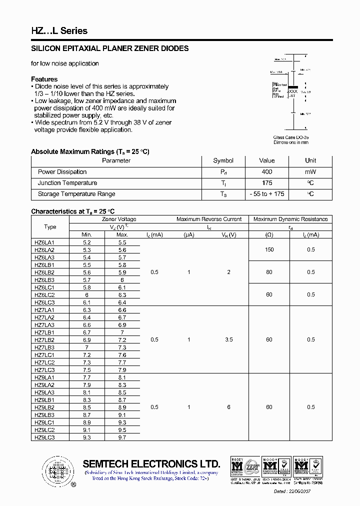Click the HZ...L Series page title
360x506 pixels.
coord(59,31)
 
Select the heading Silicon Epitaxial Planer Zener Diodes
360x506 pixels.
coord(110,48)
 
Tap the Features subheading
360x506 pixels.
coord(44,79)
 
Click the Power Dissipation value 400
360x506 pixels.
coord(266,171)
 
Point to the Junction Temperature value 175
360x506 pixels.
coord(266,183)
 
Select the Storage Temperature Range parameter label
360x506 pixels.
coord(76,194)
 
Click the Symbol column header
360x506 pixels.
coord(223,160)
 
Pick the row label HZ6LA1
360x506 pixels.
coord(44,242)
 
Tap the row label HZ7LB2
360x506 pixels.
coord(44,340)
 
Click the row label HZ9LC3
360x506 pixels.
coord(44,437)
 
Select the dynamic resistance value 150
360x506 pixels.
coord(269,249)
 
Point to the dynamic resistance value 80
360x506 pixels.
coord(269,272)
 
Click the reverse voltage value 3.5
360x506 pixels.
coord(228,339)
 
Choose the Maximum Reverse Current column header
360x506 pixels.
coord(209,219)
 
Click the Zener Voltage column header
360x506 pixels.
coord(119,219)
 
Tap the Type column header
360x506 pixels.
coord(50,226)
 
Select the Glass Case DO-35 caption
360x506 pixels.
coord(291,137)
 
